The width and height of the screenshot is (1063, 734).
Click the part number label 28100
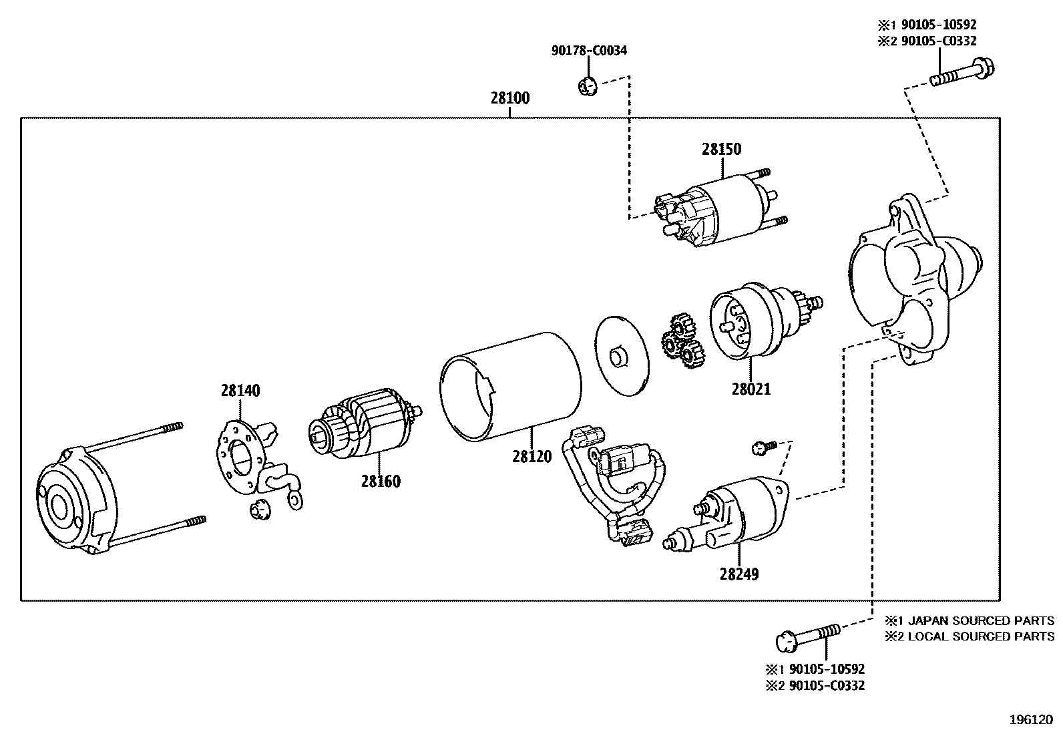(510, 98)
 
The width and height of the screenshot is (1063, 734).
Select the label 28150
(721, 149)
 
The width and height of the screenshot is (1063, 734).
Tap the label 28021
(751, 389)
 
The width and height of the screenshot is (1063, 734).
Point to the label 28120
(532, 456)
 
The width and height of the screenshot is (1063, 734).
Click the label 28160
(381, 481)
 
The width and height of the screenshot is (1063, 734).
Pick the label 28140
(240, 391)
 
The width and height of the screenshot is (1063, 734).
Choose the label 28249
(739, 574)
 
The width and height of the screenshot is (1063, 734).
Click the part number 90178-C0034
(589, 50)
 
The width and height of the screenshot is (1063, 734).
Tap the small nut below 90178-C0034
(586, 86)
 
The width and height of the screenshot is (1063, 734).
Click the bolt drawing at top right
(962, 73)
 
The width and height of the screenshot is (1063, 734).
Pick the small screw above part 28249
(763, 447)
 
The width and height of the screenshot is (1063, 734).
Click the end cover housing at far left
(73, 501)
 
